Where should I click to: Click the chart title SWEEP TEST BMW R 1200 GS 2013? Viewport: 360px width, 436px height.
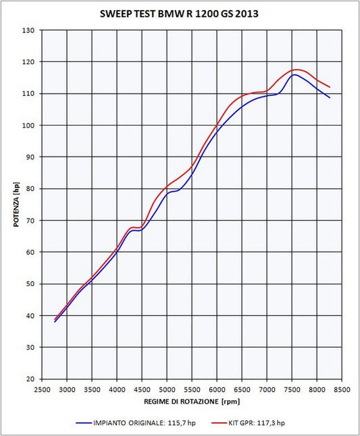pyautogui.click(x=179, y=13)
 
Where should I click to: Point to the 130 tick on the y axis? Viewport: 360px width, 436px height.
pyautogui.click(x=28, y=30)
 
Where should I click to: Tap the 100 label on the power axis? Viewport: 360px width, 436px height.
pyautogui.click(x=28, y=126)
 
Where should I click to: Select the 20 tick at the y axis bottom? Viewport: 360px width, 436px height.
pyautogui.click(x=30, y=379)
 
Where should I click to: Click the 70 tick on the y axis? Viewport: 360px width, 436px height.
pyautogui.click(x=30, y=221)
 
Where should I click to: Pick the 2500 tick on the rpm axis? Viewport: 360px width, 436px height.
pyautogui.click(x=42, y=389)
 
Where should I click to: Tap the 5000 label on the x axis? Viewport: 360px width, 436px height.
pyautogui.click(x=167, y=389)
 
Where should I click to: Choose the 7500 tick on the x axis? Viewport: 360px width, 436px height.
pyautogui.click(x=292, y=389)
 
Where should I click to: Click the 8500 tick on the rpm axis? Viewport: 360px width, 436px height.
pyautogui.click(x=342, y=389)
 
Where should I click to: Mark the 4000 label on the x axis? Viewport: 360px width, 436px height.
pyautogui.click(x=117, y=389)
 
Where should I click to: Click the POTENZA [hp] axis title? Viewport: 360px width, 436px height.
pyautogui.click(x=16, y=205)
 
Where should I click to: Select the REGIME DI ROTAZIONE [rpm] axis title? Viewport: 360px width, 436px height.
pyautogui.click(x=192, y=402)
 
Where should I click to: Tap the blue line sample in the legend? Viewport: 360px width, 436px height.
pyautogui.click(x=84, y=423)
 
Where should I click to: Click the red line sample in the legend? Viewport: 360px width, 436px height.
pyautogui.click(x=219, y=423)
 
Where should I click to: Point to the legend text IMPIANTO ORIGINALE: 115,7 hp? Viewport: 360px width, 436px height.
pyautogui.click(x=145, y=423)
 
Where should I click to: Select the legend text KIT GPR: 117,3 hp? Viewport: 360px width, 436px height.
pyautogui.click(x=257, y=423)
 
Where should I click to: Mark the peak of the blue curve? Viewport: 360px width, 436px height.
pyautogui.click(x=294, y=74)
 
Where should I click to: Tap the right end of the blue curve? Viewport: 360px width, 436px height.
pyautogui.click(x=330, y=98)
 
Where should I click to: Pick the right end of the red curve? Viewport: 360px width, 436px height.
pyautogui.click(x=330, y=87)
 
